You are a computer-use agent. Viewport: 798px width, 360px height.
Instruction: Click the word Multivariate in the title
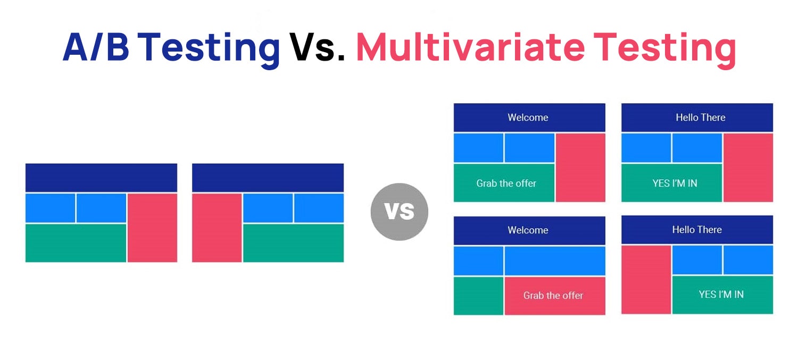[470, 47]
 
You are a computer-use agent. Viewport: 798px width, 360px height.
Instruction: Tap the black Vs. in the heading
[317, 47]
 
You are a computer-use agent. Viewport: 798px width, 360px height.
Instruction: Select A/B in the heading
[96, 47]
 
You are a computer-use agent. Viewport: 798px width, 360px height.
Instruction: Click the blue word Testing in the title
[209, 49]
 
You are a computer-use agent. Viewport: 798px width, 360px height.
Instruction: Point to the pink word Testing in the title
[665, 49]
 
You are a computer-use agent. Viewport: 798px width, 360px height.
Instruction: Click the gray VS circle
[400, 212]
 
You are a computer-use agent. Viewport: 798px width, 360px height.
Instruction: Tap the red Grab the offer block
[555, 296]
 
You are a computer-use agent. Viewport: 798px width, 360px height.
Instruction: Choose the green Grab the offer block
[504, 183]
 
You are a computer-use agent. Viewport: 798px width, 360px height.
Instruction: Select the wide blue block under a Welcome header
[555, 261]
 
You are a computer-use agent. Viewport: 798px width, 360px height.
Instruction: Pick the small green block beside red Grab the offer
[478, 296]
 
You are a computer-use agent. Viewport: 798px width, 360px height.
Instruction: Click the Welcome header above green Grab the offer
[529, 118]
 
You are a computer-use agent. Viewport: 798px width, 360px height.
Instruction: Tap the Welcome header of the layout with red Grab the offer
[529, 230]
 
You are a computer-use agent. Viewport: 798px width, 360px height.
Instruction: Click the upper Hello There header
[697, 118]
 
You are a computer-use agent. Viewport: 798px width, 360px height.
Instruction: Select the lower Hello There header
[697, 230]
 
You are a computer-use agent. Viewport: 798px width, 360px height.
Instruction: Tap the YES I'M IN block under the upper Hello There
[672, 183]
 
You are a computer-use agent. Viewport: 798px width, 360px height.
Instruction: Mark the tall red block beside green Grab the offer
[581, 168]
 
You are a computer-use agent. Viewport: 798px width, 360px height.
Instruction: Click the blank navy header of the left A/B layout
[101, 178]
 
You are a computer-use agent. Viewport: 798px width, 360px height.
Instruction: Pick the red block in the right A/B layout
[217, 228]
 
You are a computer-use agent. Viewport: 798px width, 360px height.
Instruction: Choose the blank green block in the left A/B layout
[76, 243]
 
